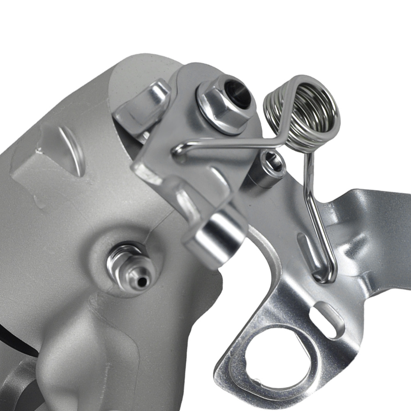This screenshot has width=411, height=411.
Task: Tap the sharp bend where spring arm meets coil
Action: pyautogui.click(x=284, y=136)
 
